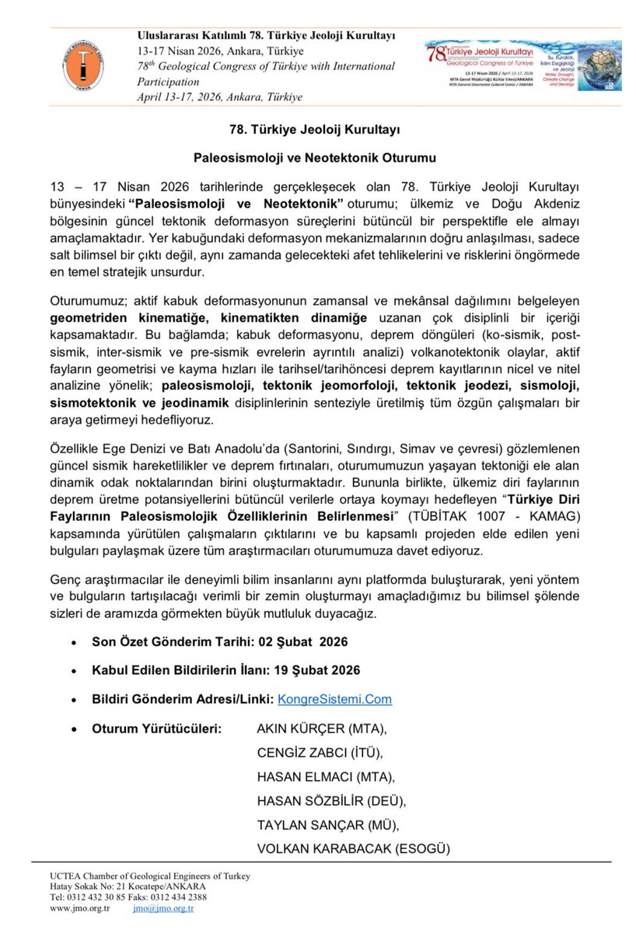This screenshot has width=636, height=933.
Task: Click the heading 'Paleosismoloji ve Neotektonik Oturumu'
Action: [318, 159]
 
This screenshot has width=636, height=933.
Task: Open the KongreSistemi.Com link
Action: [334, 699]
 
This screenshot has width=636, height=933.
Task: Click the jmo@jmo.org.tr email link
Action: [162, 907]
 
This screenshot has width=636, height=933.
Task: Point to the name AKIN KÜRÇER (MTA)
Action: [321, 729]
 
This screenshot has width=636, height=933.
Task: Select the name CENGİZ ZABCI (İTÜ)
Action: [320, 753]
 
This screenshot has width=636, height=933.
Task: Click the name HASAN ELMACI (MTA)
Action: [326, 776]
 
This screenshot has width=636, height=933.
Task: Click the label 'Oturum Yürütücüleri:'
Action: [156, 729]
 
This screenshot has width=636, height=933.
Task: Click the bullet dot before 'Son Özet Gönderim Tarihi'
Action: [73, 643]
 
